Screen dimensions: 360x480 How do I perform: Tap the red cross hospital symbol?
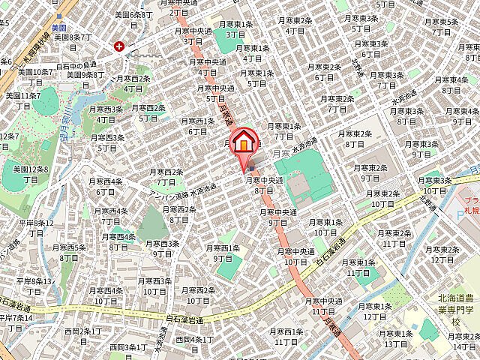tap(119, 46)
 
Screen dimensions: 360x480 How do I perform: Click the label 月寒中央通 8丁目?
tap(264, 184)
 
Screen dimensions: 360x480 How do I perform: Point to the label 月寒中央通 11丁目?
tap(323, 305)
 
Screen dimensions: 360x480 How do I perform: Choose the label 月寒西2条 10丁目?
tap(198, 295)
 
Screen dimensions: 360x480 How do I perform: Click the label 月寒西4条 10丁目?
tap(106, 295)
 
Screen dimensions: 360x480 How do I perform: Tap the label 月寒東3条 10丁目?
tap(435, 185)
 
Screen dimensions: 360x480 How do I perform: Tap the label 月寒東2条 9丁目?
tap(370, 172)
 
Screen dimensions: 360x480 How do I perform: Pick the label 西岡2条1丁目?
tap(83, 335)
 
